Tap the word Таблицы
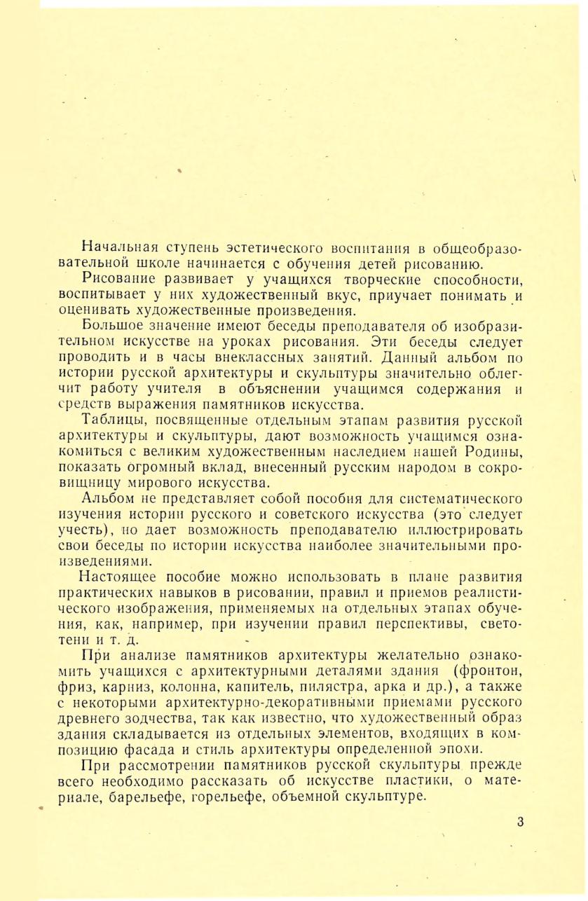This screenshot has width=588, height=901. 114,420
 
